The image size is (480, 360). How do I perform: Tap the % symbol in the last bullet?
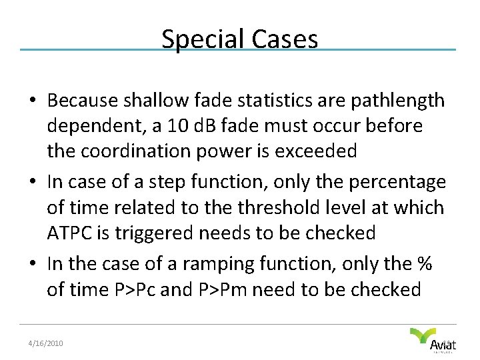point(424,263)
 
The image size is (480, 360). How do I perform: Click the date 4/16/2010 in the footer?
point(45,343)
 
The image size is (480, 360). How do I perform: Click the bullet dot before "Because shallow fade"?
point(32,101)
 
